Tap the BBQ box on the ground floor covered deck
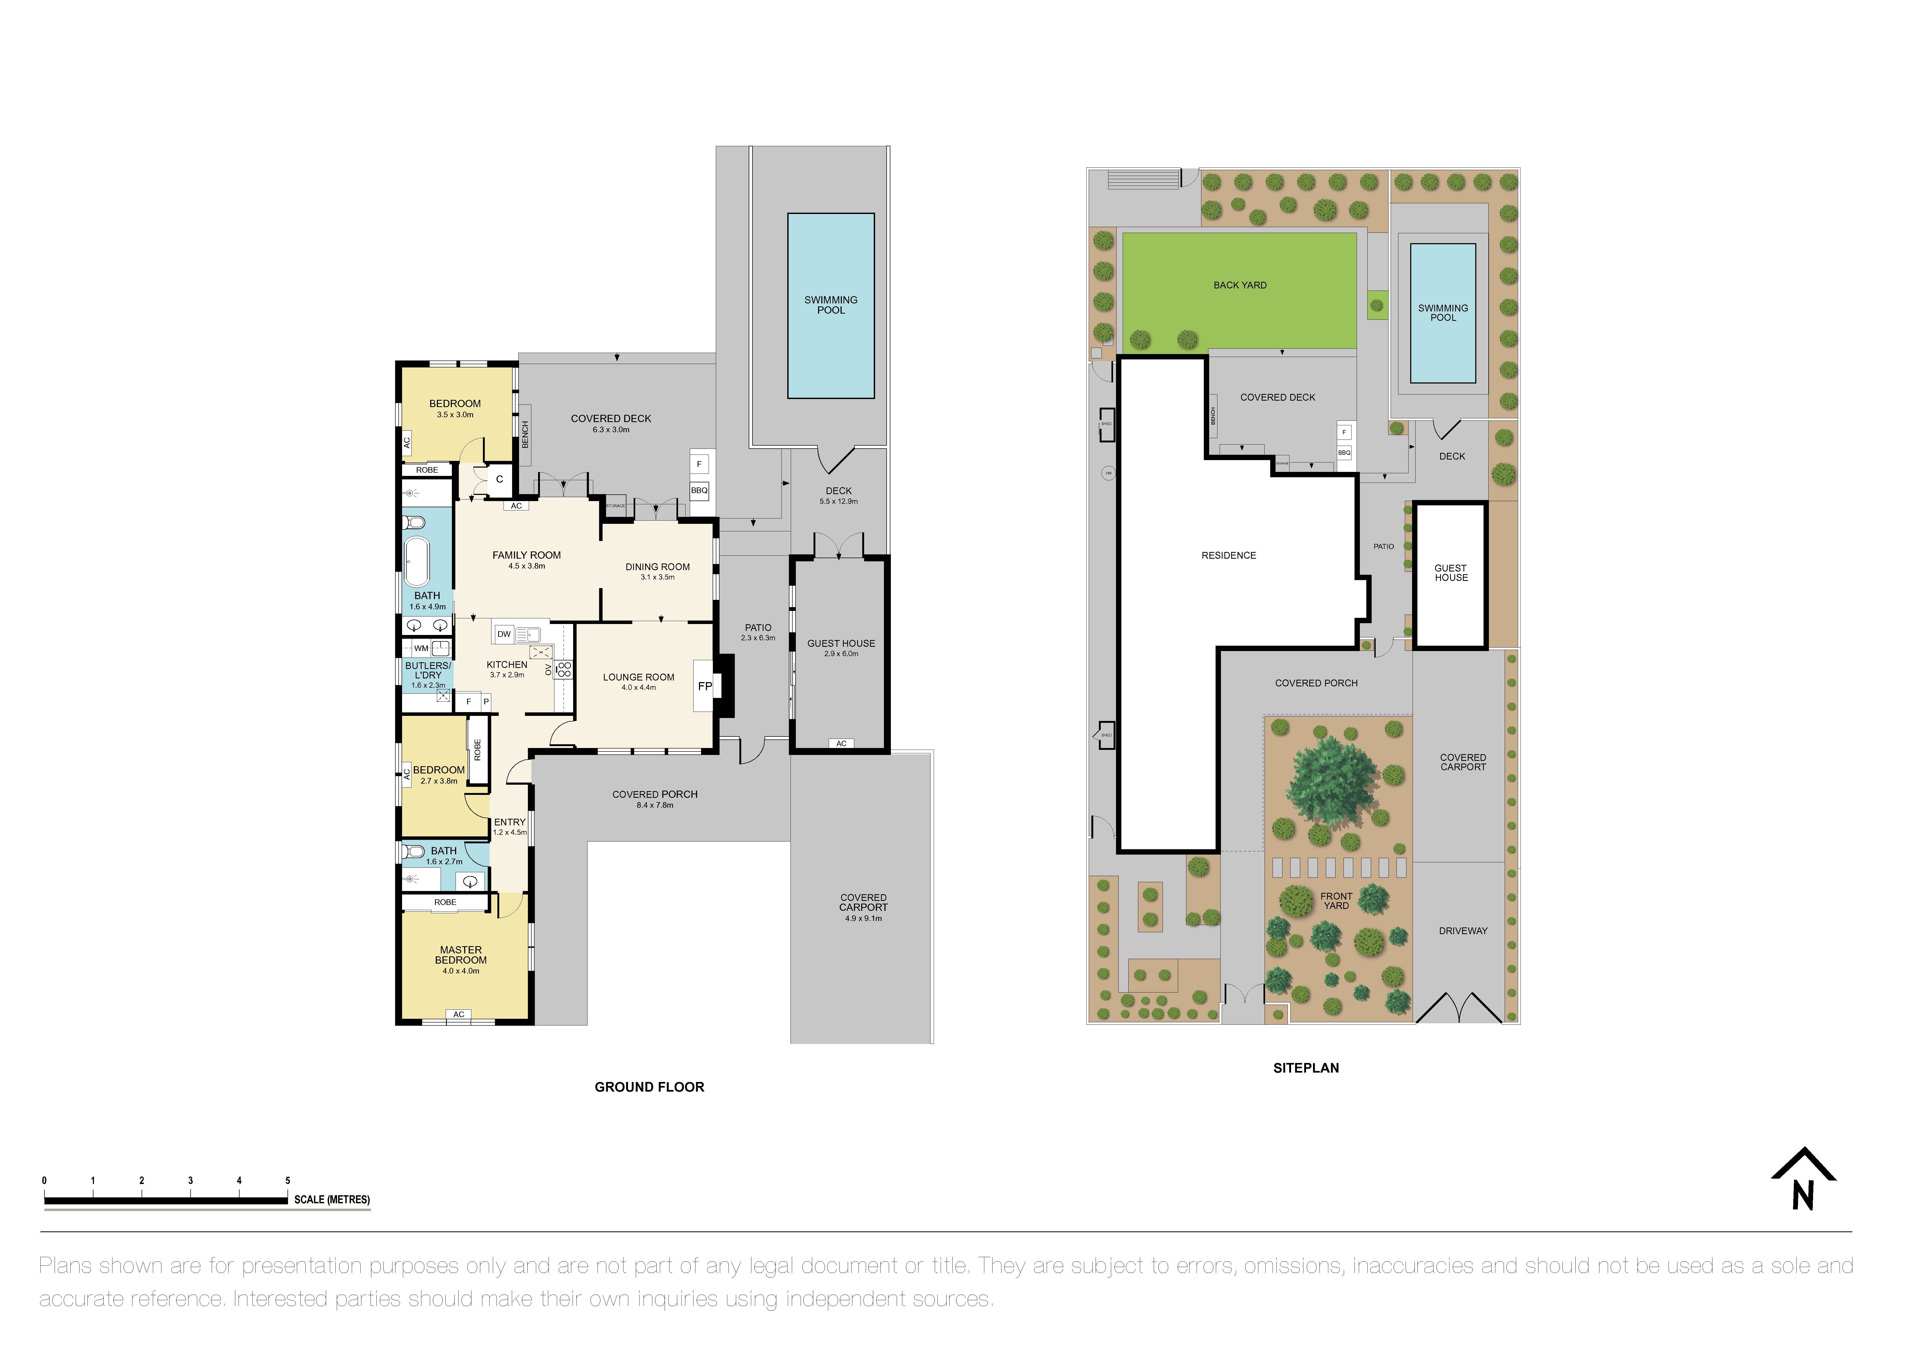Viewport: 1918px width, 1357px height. (x=699, y=490)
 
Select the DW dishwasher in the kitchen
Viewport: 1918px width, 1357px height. (x=504, y=634)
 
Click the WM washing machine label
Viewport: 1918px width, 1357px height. (x=421, y=648)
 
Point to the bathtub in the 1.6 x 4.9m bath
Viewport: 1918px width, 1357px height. (x=416, y=562)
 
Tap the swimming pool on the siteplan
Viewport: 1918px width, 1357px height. (x=1443, y=313)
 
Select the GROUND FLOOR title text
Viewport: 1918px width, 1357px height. (x=649, y=1087)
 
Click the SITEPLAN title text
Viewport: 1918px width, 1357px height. (x=1306, y=1068)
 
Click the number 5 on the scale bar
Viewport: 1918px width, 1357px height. (x=287, y=1181)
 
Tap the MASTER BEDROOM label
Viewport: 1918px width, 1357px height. (x=460, y=955)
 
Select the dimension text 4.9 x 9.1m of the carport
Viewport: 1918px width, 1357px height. (x=863, y=918)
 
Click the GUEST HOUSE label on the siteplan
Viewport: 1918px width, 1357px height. (x=1451, y=573)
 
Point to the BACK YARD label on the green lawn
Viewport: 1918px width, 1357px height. (x=1240, y=285)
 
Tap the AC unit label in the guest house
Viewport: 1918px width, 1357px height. (x=841, y=744)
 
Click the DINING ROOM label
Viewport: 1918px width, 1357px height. (x=657, y=566)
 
